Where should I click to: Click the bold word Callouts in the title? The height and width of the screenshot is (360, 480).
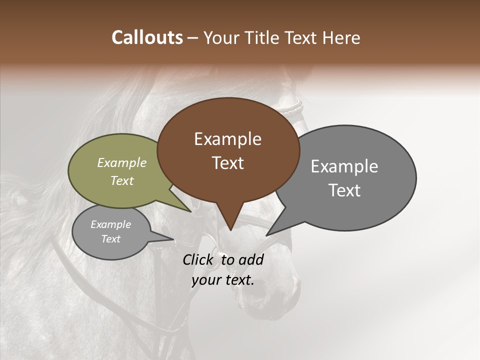pyautogui.click(x=147, y=37)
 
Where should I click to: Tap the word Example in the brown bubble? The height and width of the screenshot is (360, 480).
pyautogui.click(x=227, y=139)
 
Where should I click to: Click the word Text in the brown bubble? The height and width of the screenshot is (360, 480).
pyautogui.click(x=227, y=163)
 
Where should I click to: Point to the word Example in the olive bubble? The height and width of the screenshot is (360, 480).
pyautogui.click(x=121, y=162)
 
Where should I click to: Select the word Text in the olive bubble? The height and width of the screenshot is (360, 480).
pyautogui.click(x=121, y=180)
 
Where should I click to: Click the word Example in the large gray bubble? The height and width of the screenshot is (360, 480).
pyautogui.click(x=344, y=166)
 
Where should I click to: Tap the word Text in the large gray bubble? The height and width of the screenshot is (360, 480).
pyautogui.click(x=344, y=190)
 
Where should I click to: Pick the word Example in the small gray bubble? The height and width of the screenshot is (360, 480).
pyautogui.click(x=110, y=224)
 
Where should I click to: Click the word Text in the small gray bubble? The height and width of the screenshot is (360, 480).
pyautogui.click(x=110, y=239)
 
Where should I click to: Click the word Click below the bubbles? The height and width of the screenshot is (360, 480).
pyautogui.click(x=199, y=259)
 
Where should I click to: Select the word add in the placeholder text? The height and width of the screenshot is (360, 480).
pyautogui.click(x=251, y=259)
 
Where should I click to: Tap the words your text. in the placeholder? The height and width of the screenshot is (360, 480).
pyautogui.click(x=222, y=280)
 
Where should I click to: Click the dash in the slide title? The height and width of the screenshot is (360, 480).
pyautogui.click(x=193, y=37)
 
